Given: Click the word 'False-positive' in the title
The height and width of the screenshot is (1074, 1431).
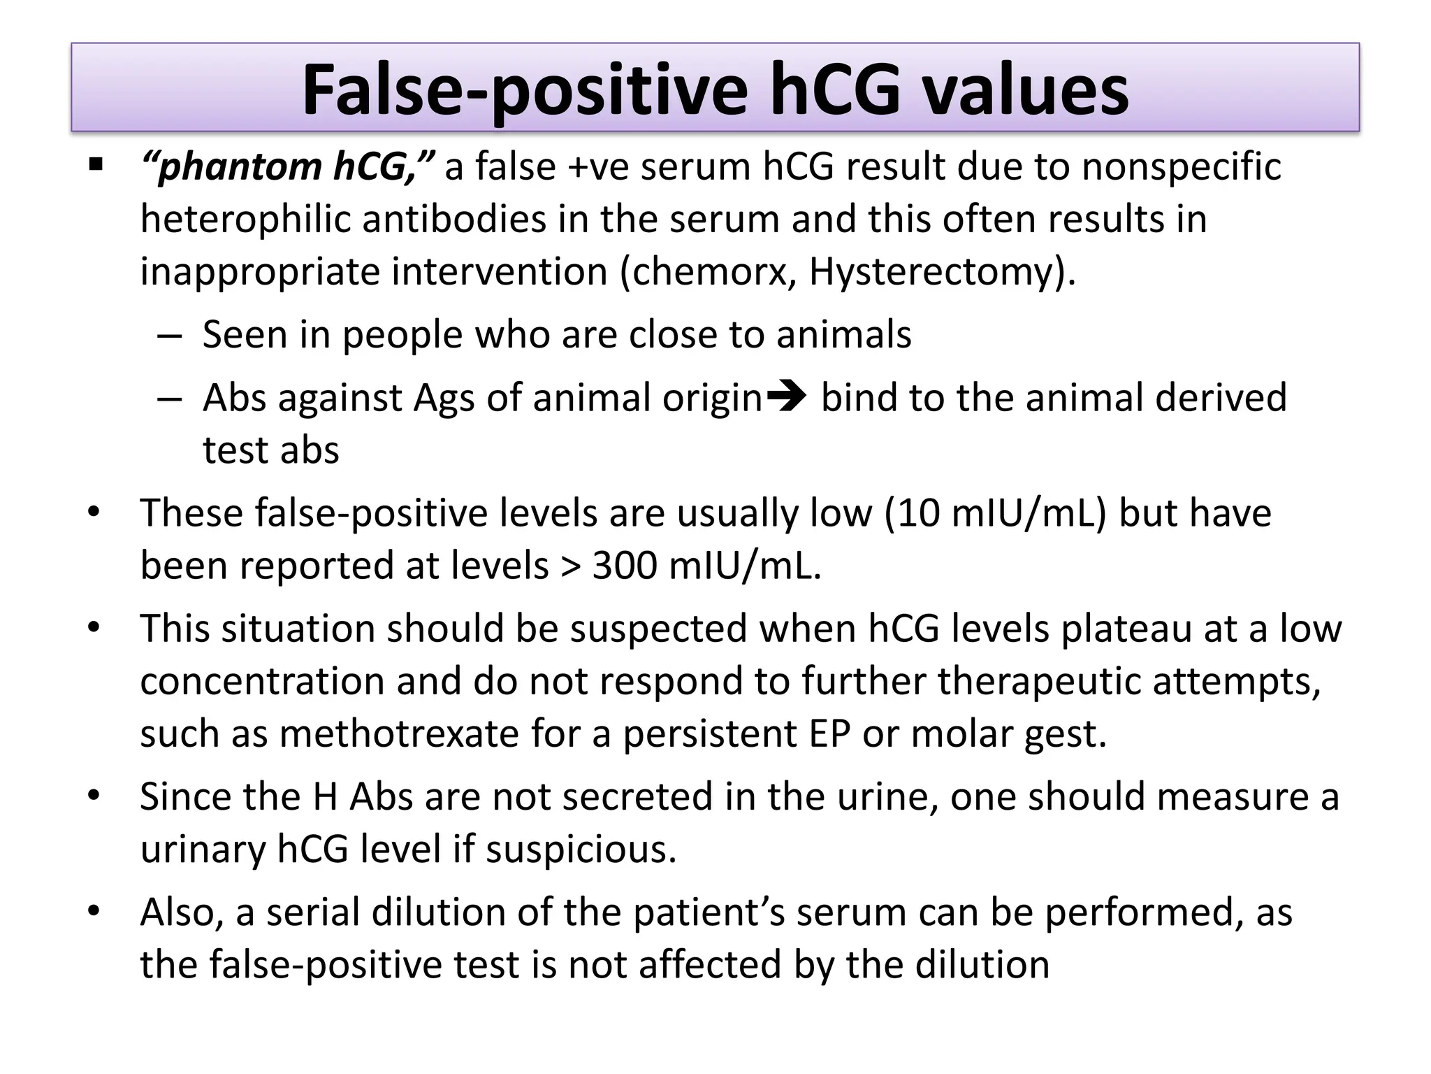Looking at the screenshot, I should pyautogui.click(x=524, y=91).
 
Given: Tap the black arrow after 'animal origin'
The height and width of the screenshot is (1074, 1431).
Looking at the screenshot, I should pyautogui.click(x=787, y=397).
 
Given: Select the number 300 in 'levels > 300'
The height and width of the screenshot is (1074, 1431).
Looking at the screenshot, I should pyautogui.click(x=624, y=565).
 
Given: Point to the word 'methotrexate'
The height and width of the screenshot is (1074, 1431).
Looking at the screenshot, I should pyautogui.click(x=399, y=733).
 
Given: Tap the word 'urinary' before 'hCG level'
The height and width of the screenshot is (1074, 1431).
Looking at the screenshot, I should pyautogui.click(x=202, y=850).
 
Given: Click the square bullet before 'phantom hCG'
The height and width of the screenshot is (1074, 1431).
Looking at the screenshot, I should pyautogui.click(x=96, y=166).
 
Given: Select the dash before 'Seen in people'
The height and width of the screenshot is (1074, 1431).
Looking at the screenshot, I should pyautogui.click(x=170, y=336).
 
